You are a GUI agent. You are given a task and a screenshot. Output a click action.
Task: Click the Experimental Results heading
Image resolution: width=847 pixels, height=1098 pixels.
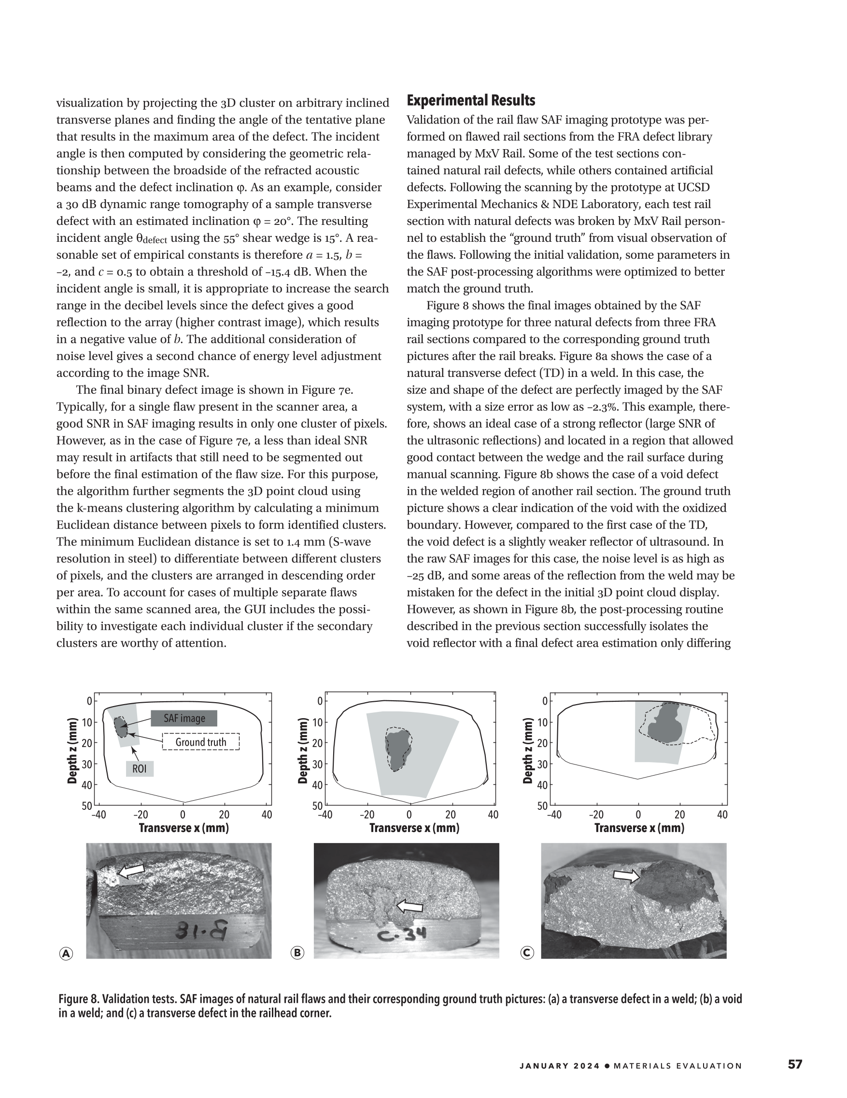[470, 100]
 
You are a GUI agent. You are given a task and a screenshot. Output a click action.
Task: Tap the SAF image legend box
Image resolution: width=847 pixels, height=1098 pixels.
[184, 718]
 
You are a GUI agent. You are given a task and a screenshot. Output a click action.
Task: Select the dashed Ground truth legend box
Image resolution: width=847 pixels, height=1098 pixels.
[201, 742]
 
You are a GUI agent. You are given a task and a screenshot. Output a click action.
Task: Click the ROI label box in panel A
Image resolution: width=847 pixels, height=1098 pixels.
[140, 769]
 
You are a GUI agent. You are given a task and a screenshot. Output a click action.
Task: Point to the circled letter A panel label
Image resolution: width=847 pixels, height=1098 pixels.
[66, 953]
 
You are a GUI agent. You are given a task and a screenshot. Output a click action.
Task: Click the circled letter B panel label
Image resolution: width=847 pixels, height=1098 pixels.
[298, 952]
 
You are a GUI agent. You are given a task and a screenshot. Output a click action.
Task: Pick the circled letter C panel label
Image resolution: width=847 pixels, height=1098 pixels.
[527, 952]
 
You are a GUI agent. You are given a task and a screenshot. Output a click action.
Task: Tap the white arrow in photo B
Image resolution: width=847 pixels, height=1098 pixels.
[410, 906]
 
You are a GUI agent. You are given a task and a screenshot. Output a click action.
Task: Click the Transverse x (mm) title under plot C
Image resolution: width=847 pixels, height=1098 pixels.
[639, 828]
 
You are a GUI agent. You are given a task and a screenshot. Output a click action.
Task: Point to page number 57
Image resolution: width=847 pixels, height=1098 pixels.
[795, 1064]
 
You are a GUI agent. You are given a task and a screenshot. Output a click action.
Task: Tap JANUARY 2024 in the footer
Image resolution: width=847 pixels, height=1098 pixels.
[560, 1065]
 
